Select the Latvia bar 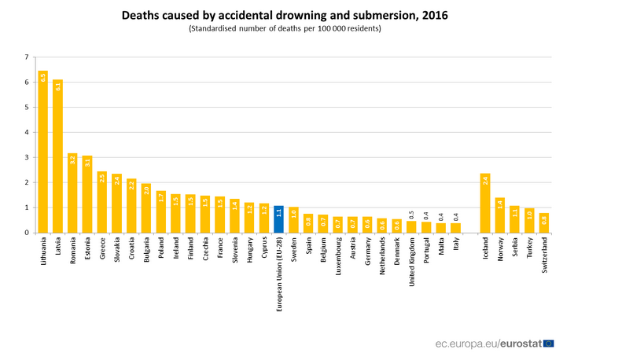[x=57, y=156]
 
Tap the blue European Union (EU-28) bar [x=278, y=219]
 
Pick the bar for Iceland [x=484, y=203]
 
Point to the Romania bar [x=72, y=193]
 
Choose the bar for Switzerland [x=543, y=223]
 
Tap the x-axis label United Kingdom [x=411, y=266]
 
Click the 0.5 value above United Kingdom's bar [x=411, y=214]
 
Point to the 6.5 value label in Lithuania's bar [x=42, y=77]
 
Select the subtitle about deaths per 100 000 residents [x=285, y=28]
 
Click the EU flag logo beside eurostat [x=548, y=343]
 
